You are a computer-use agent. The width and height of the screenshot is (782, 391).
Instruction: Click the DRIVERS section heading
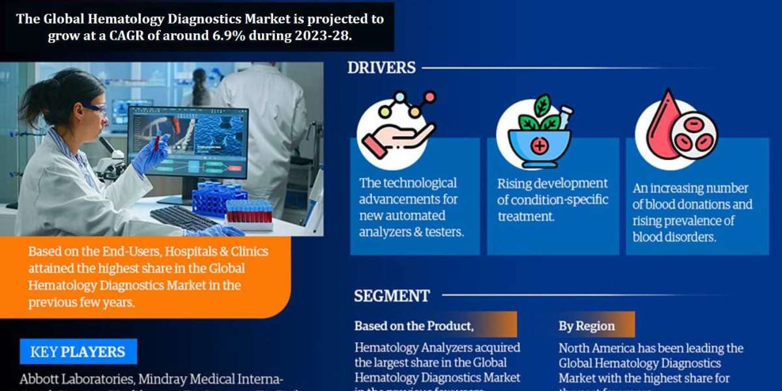pyautogui.click(x=381, y=67)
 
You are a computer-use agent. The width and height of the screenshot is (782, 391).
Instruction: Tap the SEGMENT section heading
pyautogui.click(x=392, y=296)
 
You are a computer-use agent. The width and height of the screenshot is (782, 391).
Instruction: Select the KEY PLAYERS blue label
pyautogui.click(x=78, y=352)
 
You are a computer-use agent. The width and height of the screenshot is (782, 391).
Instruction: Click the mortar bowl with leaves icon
pyautogui.click(x=538, y=133)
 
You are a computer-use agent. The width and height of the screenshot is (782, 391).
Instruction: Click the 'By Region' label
pyautogui.click(x=586, y=326)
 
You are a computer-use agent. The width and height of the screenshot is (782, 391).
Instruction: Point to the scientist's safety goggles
pyautogui.click(x=94, y=109)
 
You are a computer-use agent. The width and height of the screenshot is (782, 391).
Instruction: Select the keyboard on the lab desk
pyautogui.click(x=182, y=218)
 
